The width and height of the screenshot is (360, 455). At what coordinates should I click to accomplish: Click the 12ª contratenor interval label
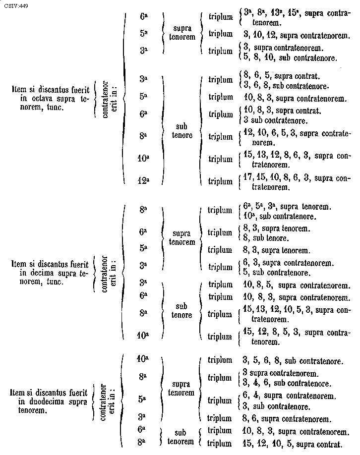point(143,181)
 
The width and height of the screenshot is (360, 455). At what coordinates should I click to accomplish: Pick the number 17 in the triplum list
point(248,177)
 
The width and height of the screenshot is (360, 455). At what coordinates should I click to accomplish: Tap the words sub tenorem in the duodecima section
point(177,437)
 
